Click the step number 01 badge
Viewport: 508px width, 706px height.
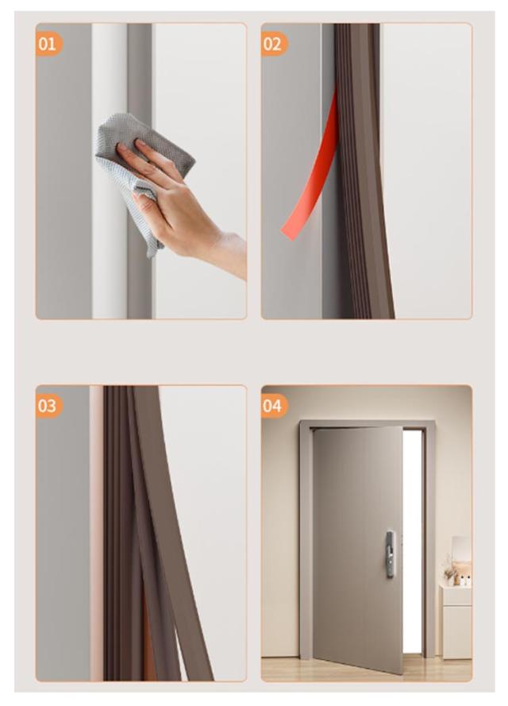48,44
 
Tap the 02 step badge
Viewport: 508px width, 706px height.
274,44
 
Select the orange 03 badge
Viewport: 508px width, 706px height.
48,406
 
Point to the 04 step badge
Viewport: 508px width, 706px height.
274,406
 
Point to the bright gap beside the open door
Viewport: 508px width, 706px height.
413,540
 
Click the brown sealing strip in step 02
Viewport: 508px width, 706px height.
360,171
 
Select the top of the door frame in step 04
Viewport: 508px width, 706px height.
368,424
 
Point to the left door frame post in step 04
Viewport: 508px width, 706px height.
306,540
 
